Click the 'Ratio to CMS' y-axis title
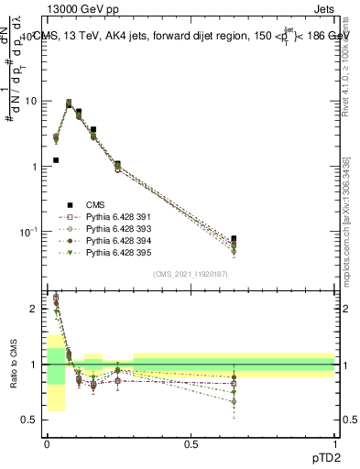pyautogui.click(x=12, y=366)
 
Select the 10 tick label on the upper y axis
pyautogui.click(x=33, y=101)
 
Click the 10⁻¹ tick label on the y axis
pyautogui.click(x=30, y=232)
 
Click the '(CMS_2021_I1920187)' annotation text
pyautogui.click(x=190, y=274)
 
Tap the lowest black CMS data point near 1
pyautogui.click(x=56, y=160)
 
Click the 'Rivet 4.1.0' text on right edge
pyautogui.click(x=346, y=64)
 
